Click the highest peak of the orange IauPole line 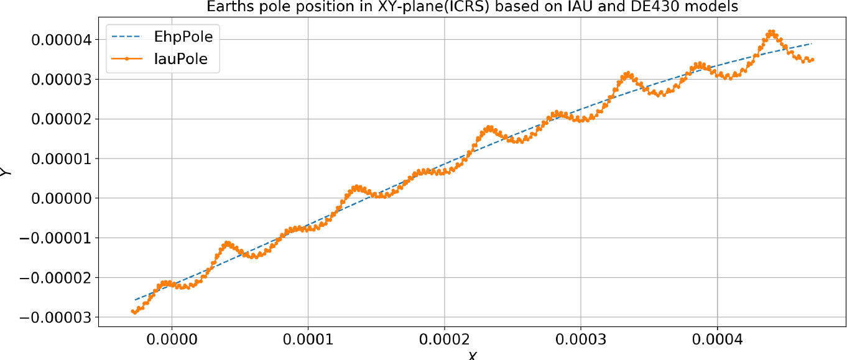pos(771,31)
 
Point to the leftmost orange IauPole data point pos(133,311)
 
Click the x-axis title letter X pos(472,356)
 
